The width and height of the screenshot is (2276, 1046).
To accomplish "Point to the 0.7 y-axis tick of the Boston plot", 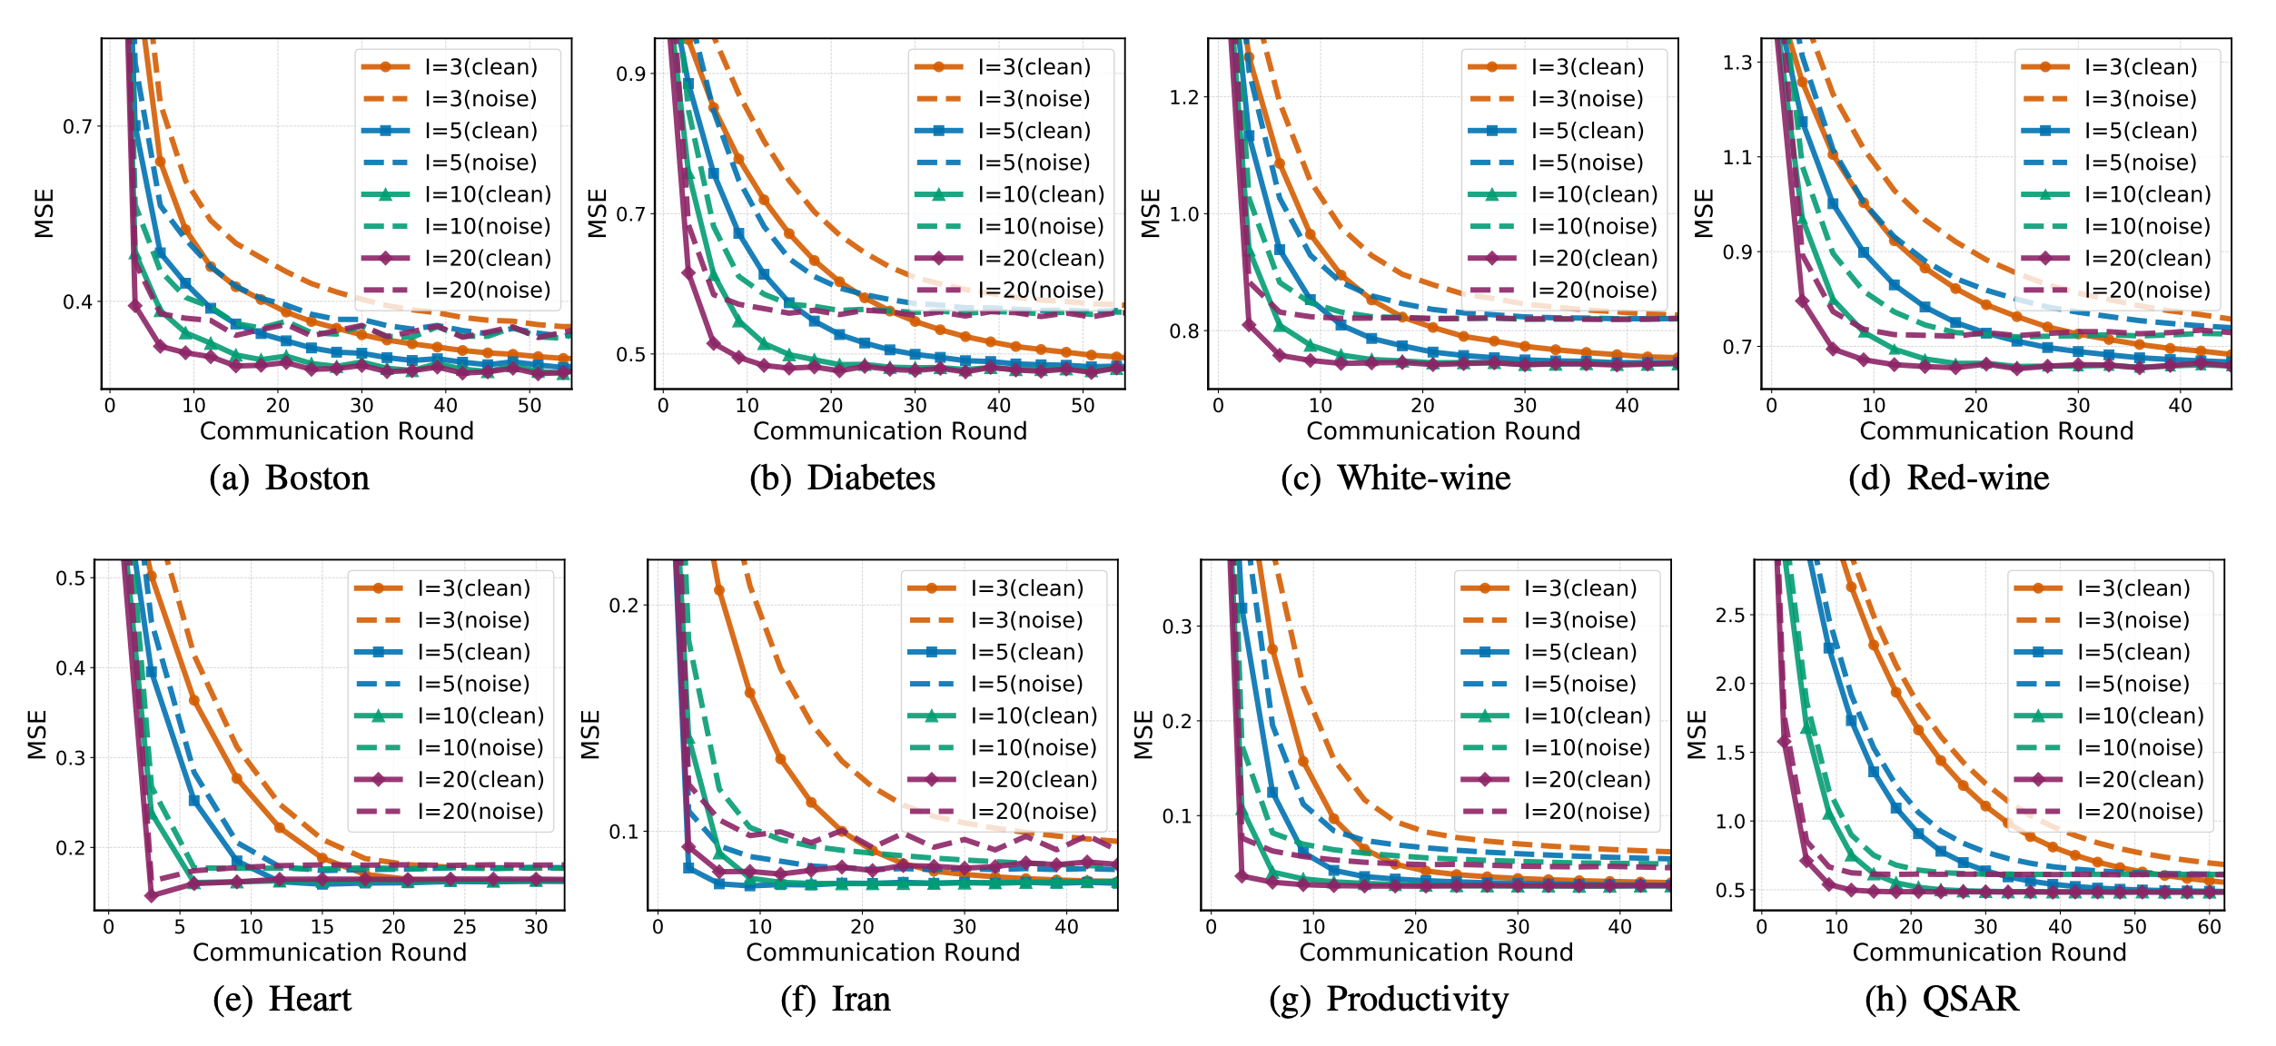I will [78, 126].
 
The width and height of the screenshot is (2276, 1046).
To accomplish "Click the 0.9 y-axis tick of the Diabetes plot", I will [631, 74].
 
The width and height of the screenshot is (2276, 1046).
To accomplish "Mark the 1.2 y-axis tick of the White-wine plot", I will [1184, 97].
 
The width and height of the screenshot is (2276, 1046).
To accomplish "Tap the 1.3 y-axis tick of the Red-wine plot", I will [1737, 63].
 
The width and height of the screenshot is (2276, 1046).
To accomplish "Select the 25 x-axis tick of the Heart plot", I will [464, 927].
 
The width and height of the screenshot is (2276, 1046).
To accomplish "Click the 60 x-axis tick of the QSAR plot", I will [2210, 927].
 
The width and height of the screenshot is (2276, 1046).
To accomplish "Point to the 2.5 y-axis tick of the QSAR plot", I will [1730, 616].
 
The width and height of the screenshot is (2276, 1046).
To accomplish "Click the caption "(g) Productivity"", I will [1389, 999].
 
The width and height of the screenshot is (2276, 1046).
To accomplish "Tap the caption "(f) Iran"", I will [836, 999].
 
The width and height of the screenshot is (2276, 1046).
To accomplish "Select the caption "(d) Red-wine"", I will [1949, 478].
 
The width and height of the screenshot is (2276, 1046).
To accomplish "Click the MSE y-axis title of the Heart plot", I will [37, 735].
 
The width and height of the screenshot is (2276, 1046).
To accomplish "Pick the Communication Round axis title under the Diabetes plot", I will [890, 431].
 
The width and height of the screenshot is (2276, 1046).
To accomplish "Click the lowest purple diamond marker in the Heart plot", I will [152, 896].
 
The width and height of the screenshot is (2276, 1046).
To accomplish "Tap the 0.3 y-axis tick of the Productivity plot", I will [1177, 627].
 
